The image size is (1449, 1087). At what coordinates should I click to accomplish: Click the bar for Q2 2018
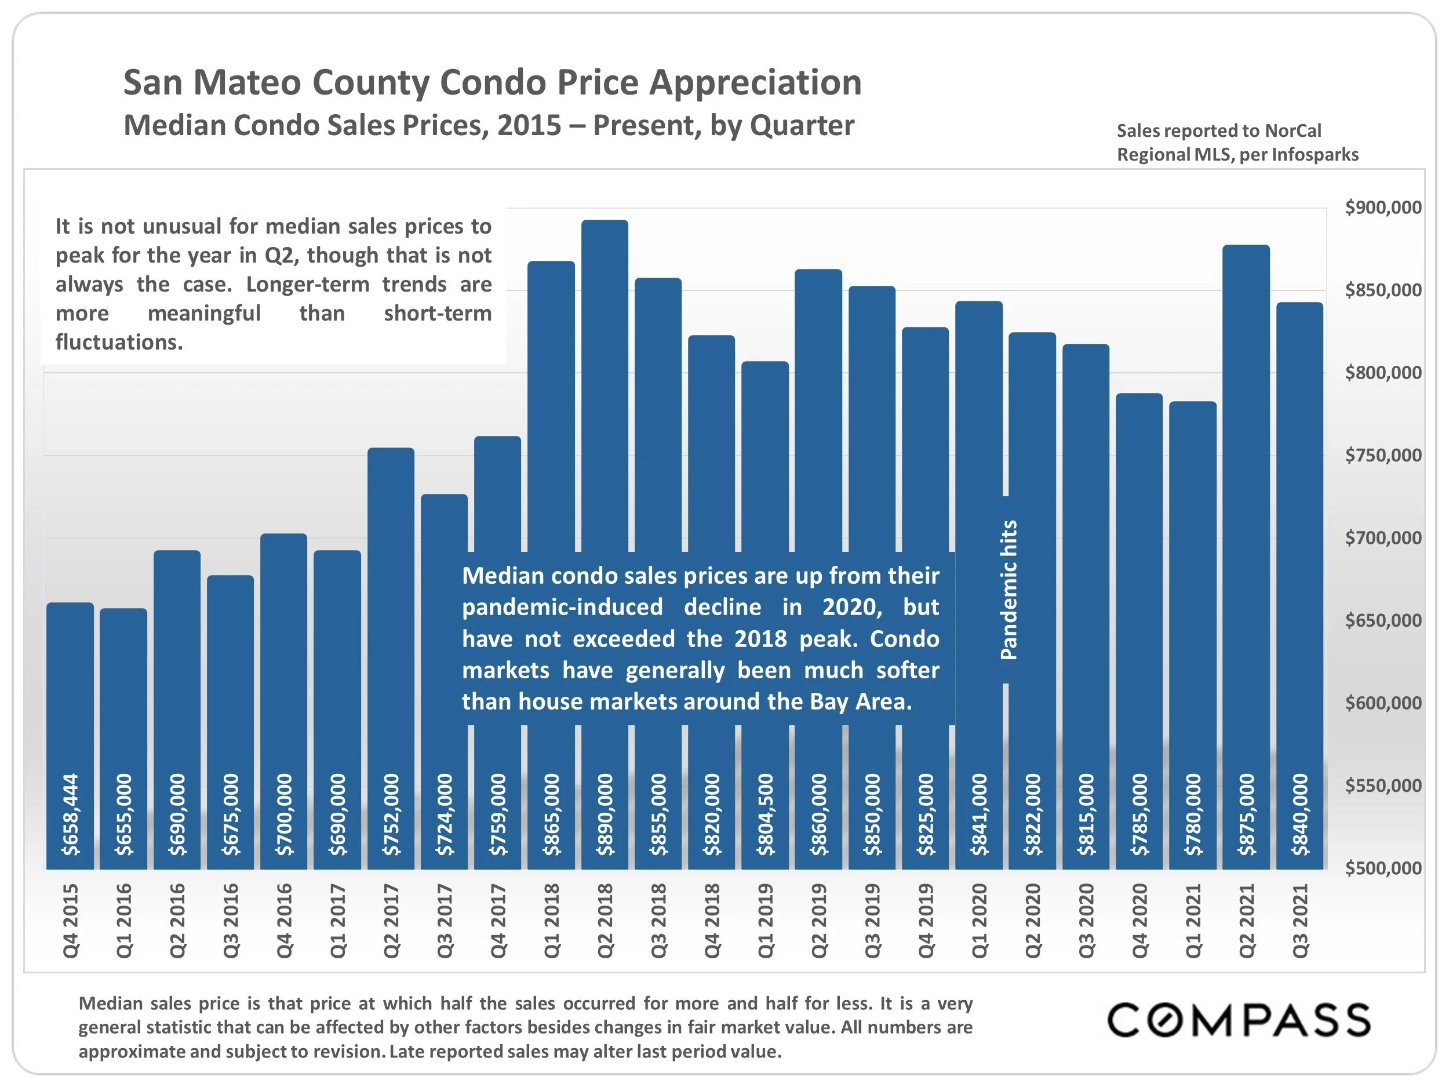tap(604, 393)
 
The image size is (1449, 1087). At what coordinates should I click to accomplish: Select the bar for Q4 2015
tap(70, 688)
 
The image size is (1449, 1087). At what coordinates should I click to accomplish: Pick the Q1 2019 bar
tap(764, 459)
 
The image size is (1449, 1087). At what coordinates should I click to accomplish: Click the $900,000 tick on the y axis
tap(1383, 208)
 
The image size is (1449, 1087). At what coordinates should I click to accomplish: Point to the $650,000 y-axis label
tap(1383, 620)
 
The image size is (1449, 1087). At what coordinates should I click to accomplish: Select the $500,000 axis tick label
tap(1383, 868)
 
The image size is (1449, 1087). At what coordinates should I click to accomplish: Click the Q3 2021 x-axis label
tap(1300, 921)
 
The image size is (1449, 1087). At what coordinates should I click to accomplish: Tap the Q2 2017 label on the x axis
tap(391, 921)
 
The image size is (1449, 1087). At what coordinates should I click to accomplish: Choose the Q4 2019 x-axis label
tap(926, 921)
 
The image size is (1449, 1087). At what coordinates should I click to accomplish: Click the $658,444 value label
tap(70, 815)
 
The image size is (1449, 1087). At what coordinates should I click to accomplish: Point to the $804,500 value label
tap(765, 815)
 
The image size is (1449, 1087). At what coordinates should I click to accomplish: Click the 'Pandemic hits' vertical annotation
tap(1009, 590)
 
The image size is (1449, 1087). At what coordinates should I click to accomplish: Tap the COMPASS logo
tap(1239, 1020)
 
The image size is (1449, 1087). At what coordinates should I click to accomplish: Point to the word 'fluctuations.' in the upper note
tap(119, 342)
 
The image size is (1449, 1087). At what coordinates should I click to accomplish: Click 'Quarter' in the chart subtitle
tap(802, 125)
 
